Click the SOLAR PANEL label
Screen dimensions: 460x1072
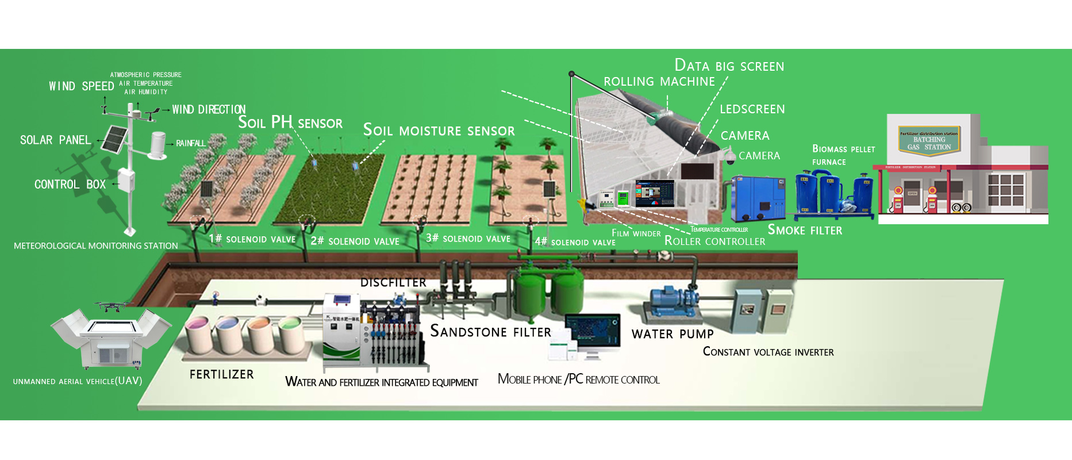click(x=55, y=140)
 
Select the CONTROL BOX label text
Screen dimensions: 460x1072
click(x=70, y=185)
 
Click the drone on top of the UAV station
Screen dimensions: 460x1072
click(x=113, y=306)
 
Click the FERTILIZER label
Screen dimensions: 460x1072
click(x=221, y=374)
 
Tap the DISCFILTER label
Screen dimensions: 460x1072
click(x=393, y=282)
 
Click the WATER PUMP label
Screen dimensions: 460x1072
click(x=672, y=334)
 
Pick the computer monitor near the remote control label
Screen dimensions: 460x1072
click(x=592, y=330)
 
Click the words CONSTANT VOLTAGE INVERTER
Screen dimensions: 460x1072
click(x=768, y=352)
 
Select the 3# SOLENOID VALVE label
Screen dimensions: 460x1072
click(x=468, y=239)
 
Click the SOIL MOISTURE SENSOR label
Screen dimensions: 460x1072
click(x=439, y=131)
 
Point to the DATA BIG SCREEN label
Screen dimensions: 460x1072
click(x=729, y=66)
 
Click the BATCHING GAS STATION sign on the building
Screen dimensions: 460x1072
click(x=929, y=140)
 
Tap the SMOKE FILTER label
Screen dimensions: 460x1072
click(x=805, y=230)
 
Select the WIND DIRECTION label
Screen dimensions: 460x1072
click(x=209, y=109)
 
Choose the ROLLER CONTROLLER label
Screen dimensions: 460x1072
click(x=714, y=241)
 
